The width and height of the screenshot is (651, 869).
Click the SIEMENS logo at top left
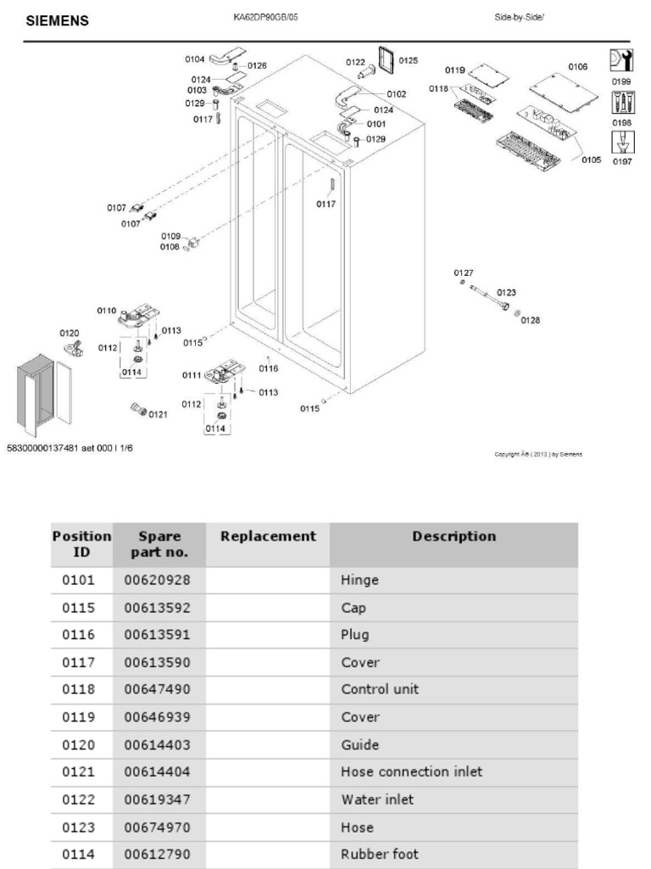(58, 21)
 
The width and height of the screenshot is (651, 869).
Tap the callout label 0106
(577, 66)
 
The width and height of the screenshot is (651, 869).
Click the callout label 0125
(408, 60)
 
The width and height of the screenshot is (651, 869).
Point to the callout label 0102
(396, 93)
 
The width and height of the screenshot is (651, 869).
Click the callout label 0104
(195, 59)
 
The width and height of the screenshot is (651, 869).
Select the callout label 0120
(70, 333)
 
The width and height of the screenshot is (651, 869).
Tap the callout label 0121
(158, 414)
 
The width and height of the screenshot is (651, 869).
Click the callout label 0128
(531, 320)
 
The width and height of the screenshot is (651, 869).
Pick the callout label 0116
(269, 368)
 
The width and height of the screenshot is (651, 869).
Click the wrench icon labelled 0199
(620, 60)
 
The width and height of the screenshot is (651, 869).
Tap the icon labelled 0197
(620, 142)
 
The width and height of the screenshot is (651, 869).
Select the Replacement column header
(268, 536)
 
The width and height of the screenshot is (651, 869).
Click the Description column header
(453, 536)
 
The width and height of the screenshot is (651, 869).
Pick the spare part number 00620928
(157, 580)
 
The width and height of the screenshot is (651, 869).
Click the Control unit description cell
(380, 689)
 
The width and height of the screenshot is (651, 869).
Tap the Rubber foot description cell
(380, 854)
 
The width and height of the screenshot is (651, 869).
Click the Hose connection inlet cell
(411, 771)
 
